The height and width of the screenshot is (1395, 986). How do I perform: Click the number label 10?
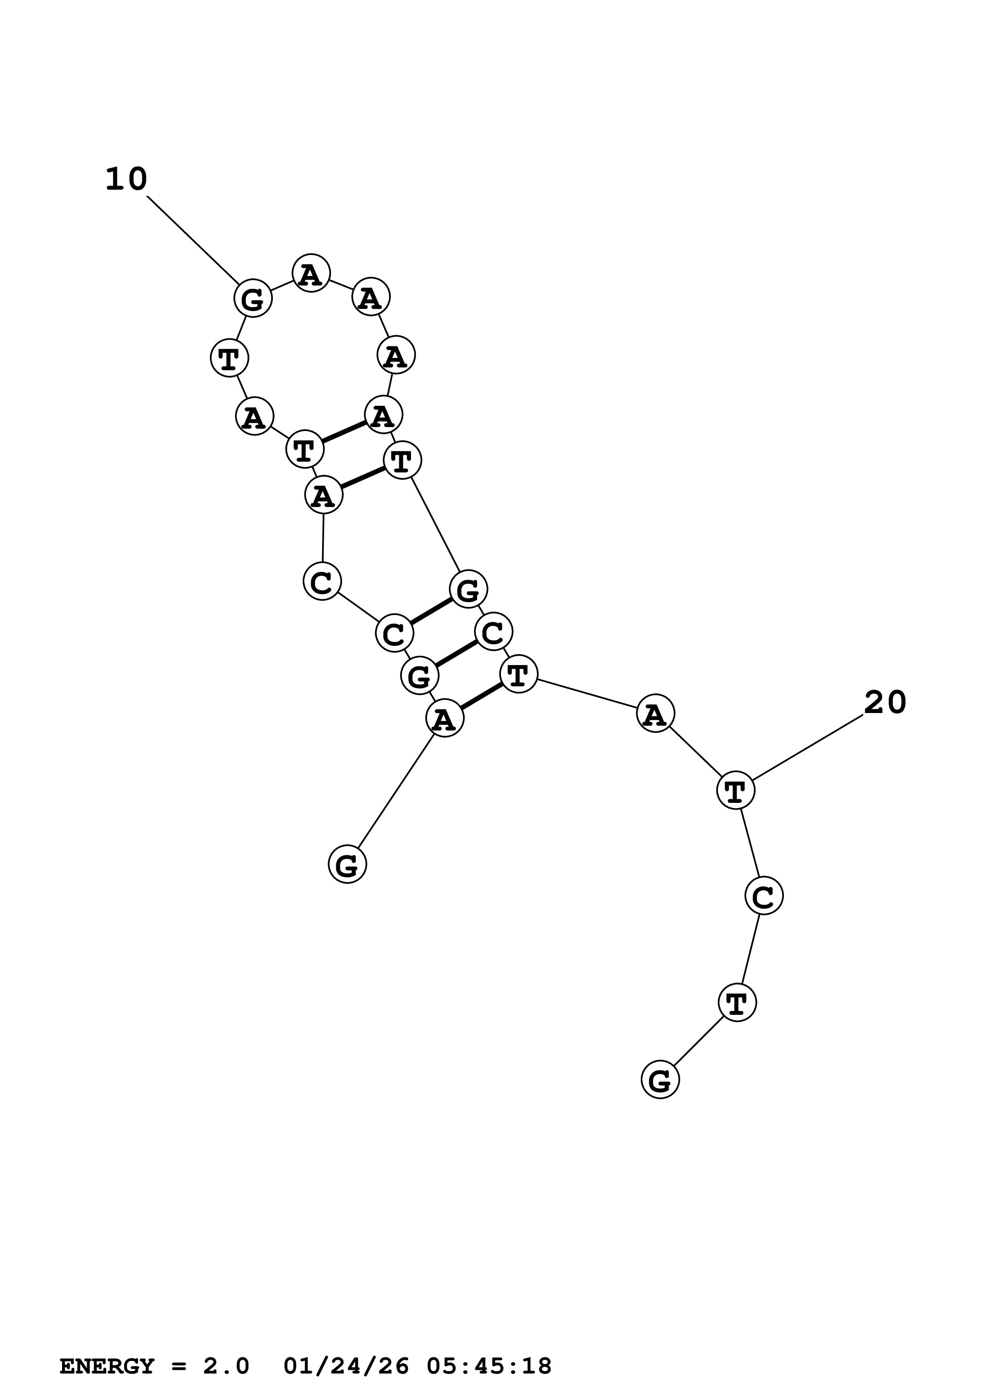[x=126, y=179]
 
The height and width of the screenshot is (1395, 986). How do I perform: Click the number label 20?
[x=885, y=703]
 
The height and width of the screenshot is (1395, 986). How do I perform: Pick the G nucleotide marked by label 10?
[x=253, y=298]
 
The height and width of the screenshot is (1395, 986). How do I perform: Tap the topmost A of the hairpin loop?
[x=311, y=274]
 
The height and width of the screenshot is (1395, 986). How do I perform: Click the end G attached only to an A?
[x=348, y=865]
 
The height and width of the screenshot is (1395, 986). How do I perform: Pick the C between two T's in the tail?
[x=764, y=896]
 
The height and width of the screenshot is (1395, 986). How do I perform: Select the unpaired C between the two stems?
[x=322, y=581]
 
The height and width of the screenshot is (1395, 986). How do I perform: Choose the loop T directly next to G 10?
[x=229, y=358]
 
